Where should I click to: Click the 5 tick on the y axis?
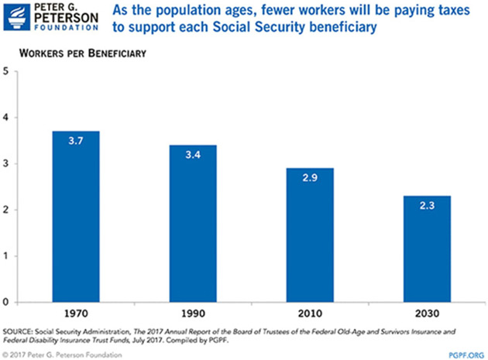click(7, 72)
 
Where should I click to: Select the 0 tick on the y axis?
click(7, 302)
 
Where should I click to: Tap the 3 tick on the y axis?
click(7, 164)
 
